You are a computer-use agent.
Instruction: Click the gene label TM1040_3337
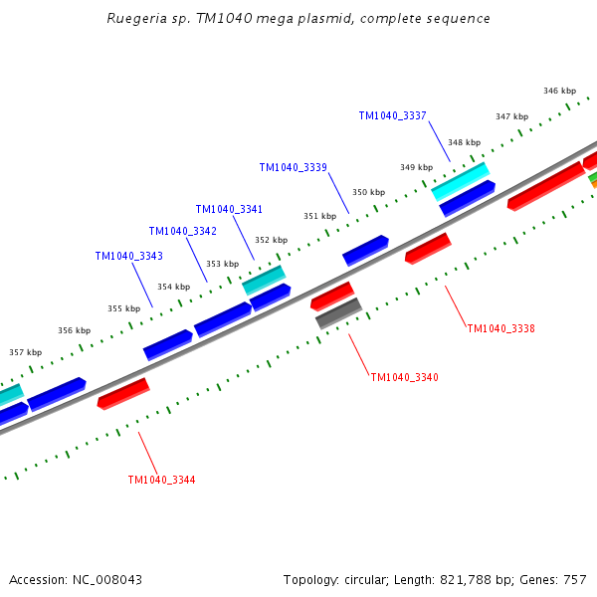point(392,116)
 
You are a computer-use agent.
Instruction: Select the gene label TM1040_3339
point(293,168)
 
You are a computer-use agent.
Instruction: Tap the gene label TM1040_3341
point(229,210)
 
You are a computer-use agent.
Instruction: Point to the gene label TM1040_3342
point(183,232)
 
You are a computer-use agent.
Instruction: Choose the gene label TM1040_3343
point(128,257)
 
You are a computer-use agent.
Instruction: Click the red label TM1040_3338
point(500,328)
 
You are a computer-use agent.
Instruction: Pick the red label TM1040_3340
point(404,377)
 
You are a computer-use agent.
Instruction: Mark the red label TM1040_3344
point(161,480)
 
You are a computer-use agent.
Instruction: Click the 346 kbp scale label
point(559,91)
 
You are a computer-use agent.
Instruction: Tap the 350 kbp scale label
point(368,192)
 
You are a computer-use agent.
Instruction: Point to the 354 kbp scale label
point(173,287)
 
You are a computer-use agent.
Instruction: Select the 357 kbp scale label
point(25,352)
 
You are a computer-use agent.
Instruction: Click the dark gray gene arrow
point(338,313)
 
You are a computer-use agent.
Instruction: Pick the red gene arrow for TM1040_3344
point(123,393)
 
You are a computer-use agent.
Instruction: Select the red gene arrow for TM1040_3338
point(428,249)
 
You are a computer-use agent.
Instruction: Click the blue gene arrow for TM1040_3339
point(365,250)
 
